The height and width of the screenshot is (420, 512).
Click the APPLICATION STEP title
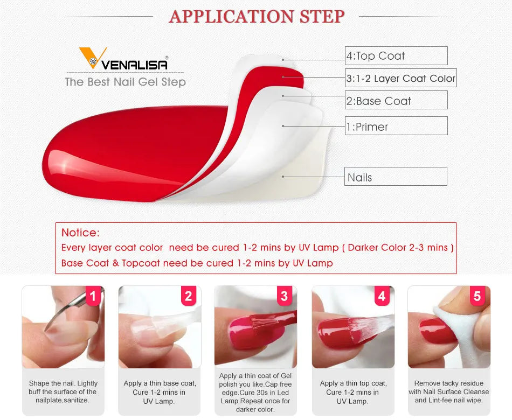coord(257,16)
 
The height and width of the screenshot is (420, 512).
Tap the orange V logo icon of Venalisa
coord(89,58)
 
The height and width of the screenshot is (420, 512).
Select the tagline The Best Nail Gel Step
coord(125,82)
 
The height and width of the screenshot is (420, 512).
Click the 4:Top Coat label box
coord(396,56)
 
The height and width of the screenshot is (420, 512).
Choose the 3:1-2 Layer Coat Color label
coord(401,78)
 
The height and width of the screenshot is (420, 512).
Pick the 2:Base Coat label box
coord(396,101)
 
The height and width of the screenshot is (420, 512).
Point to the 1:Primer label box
coord(396,127)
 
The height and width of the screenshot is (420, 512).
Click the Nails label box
coord(396,177)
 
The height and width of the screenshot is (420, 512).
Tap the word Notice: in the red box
coord(80,233)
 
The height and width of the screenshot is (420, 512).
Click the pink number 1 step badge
coord(93,296)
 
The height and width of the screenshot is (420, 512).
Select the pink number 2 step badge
coord(188,296)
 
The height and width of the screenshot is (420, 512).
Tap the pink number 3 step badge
coord(285,296)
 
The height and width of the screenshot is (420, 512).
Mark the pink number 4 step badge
coord(382,296)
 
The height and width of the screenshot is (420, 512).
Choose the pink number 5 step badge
coord(477,296)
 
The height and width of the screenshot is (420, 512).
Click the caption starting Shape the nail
coord(63,391)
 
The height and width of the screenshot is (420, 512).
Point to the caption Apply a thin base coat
coord(160,391)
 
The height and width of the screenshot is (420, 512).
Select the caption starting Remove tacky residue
coord(448,391)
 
